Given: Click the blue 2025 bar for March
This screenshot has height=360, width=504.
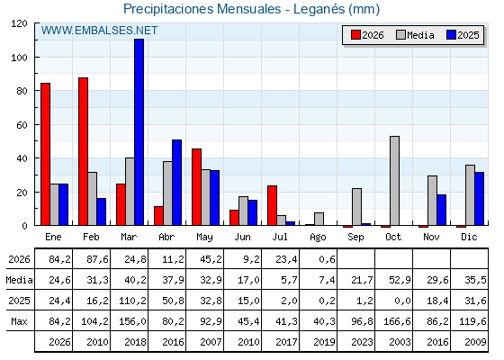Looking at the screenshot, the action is (x=139, y=132).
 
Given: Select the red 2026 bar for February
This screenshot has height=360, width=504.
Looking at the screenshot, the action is (x=83, y=151).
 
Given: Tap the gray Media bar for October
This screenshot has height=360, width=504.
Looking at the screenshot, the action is (x=395, y=181).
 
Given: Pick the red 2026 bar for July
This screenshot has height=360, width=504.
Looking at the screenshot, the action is (x=272, y=205).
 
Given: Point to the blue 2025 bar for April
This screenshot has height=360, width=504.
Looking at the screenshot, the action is (x=176, y=183).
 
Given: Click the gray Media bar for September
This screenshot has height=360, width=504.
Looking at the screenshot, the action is (x=356, y=207).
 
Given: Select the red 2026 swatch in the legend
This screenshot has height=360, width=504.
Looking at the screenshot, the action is (x=355, y=35).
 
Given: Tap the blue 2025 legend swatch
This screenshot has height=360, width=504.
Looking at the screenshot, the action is (x=451, y=35).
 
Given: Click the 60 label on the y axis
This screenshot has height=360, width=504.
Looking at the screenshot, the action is (x=22, y=125).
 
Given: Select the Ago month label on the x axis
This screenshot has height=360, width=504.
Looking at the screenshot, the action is (x=318, y=238).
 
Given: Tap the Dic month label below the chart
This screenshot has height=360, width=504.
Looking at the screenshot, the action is (x=469, y=237).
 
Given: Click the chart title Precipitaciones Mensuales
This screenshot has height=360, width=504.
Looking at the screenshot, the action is (x=202, y=9).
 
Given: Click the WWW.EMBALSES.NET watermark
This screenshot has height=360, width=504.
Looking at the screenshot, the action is (x=99, y=31).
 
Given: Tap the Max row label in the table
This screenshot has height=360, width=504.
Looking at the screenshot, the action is (x=19, y=321).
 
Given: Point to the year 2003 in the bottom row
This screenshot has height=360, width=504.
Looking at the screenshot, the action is (x=400, y=342).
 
